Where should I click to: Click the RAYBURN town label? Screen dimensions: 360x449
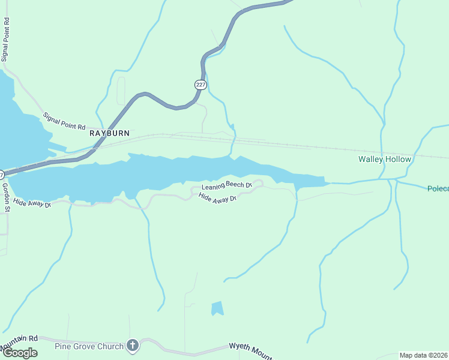tap(109, 133)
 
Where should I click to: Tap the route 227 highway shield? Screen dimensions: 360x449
tap(200, 85)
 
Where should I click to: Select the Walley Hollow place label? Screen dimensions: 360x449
tap(385, 159)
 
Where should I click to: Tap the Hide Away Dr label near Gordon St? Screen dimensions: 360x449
tap(32, 203)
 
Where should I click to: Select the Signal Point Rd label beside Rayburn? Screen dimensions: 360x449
tap(64, 122)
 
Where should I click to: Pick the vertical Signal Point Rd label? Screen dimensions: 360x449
tap(5, 39)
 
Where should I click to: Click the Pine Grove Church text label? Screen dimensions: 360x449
tap(89, 346)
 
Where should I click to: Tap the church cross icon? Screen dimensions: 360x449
tap(133, 346)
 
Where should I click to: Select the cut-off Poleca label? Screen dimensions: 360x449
tap(438, 188)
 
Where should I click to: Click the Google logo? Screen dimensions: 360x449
tap(19, 353)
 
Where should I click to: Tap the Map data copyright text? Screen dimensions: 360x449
tap(424, 355)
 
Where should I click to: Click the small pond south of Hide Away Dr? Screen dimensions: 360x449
tap(217, 308)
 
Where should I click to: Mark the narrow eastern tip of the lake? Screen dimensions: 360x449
tap(318, 180)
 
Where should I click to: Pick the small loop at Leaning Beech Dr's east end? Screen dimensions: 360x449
tap(258, 183)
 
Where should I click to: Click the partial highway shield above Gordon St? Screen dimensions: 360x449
tap(2, 175)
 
